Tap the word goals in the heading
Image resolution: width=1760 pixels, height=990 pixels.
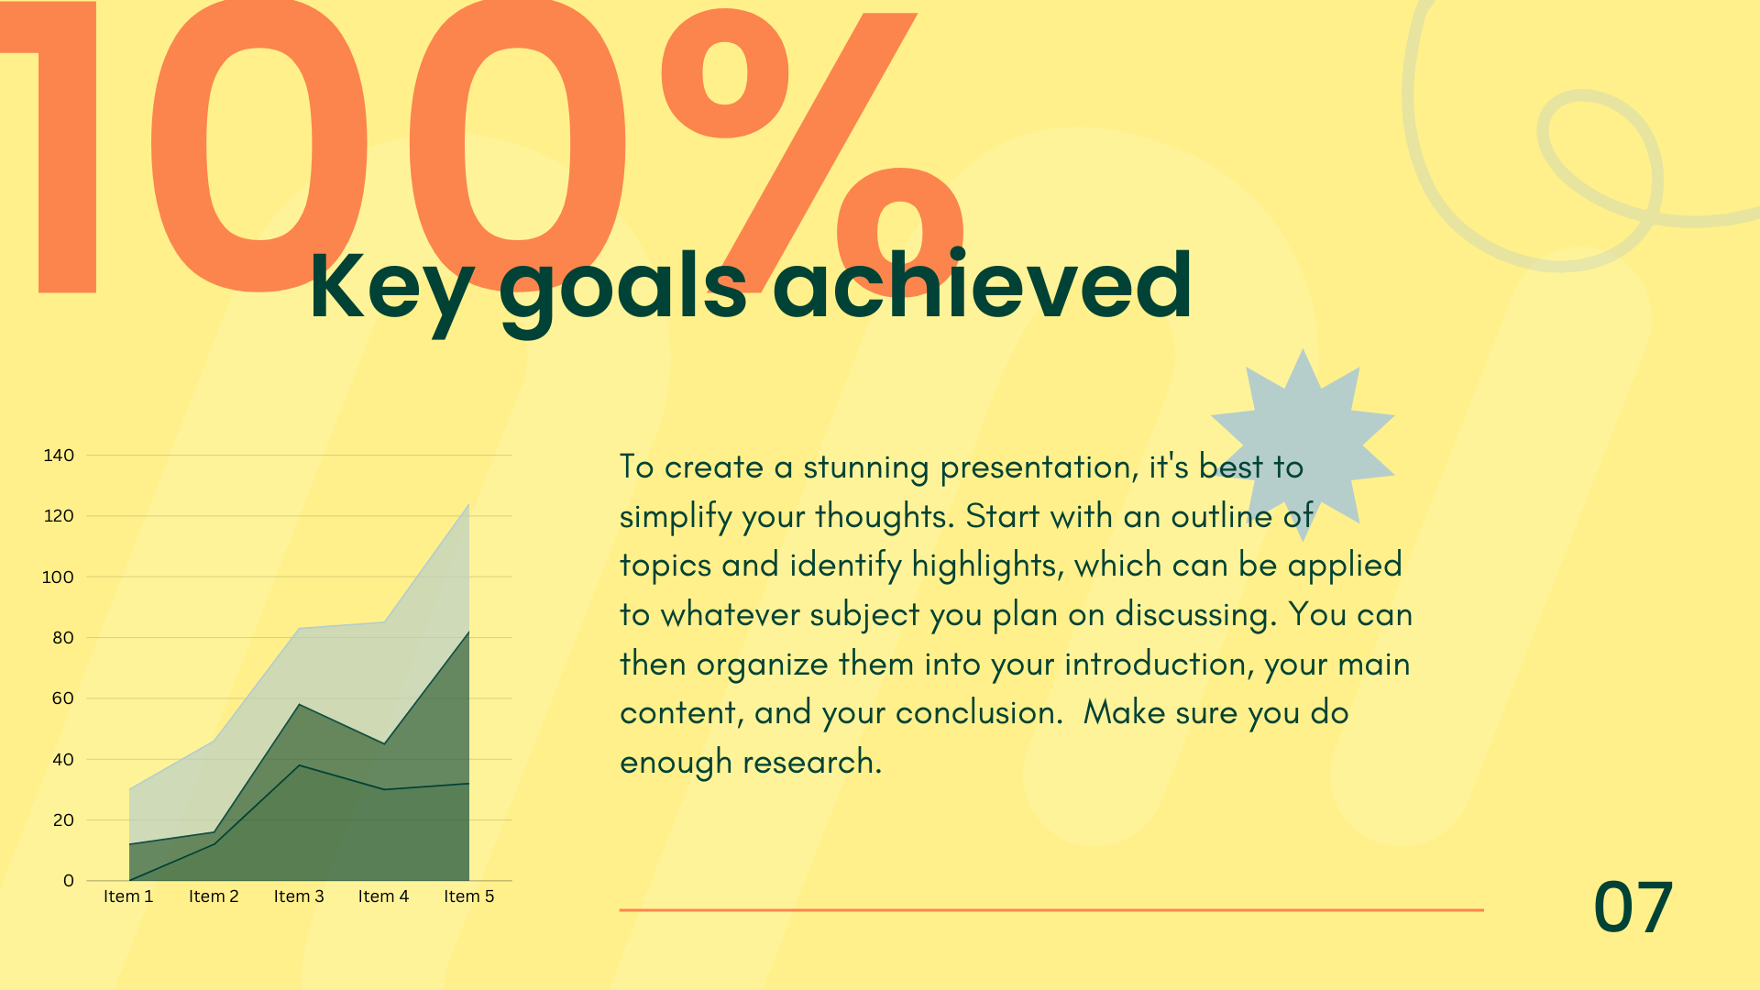pos(623,291)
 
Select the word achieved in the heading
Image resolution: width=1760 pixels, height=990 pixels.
pos(982,284)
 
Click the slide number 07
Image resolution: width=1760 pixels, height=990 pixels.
pos(1633,907)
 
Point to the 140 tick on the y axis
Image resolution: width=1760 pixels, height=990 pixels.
pos(59,456)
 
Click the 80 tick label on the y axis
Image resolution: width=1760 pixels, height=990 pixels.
pos(63,638)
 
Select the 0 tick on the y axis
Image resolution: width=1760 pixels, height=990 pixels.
pos(69,881)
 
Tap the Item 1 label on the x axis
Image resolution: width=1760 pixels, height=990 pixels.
pos(128,896)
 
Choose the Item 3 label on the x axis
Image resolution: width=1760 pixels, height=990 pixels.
pos(299,896)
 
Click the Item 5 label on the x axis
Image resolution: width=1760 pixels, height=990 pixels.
pos(469,896)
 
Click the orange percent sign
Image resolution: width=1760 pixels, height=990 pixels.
pos(812,151)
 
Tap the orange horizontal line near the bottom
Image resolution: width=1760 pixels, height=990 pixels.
pos(1051,910)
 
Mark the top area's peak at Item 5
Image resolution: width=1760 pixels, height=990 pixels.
pos(469,504)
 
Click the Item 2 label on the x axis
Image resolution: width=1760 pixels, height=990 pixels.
pos(214,896)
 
